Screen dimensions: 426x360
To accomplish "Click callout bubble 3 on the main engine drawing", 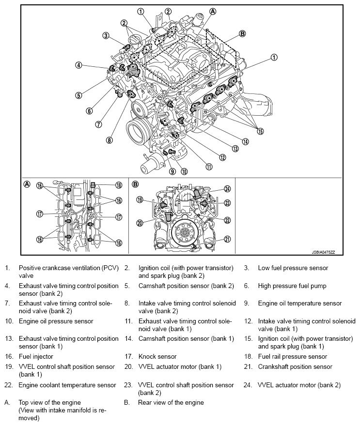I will click(x=106, y=35).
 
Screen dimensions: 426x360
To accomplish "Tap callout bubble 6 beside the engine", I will click(x=89, y=110).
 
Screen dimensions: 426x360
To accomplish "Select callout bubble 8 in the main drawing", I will click(x=110, y=140).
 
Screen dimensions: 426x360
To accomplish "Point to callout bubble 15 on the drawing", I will click(x=260, y=131).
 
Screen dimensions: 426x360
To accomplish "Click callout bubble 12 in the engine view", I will click(x=222, y=157).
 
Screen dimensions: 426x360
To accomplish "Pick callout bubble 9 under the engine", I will click(x=172, y=171).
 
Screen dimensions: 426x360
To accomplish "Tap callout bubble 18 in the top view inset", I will click(x=119, y=185).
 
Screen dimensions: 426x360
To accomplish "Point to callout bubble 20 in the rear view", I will click(x=141, y=223).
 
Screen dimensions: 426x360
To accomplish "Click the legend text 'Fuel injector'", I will click(x=36, y=356).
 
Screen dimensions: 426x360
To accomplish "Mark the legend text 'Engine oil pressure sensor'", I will click(x=56, y=321).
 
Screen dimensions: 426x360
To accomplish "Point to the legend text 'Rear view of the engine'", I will click(x=171, y=402).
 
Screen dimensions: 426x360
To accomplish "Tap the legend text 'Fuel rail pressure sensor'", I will click(x=292, y=356).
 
